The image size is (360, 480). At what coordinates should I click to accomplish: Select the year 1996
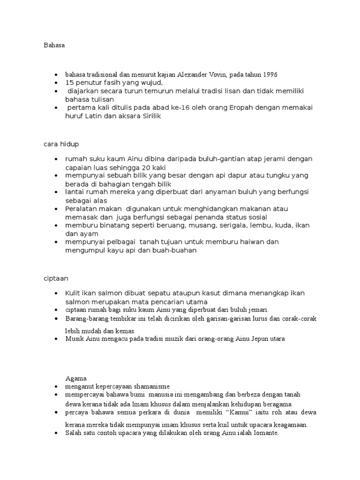tap(270, 75)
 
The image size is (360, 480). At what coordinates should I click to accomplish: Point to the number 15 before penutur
tap(70, 82)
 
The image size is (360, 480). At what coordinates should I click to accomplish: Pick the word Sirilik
tap(150, 116)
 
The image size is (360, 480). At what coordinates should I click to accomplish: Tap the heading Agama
tap(76, 378)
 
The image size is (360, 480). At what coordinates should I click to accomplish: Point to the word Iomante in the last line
tap(265, 433)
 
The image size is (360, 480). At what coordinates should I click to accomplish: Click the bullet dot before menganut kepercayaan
tap(56, 387)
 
